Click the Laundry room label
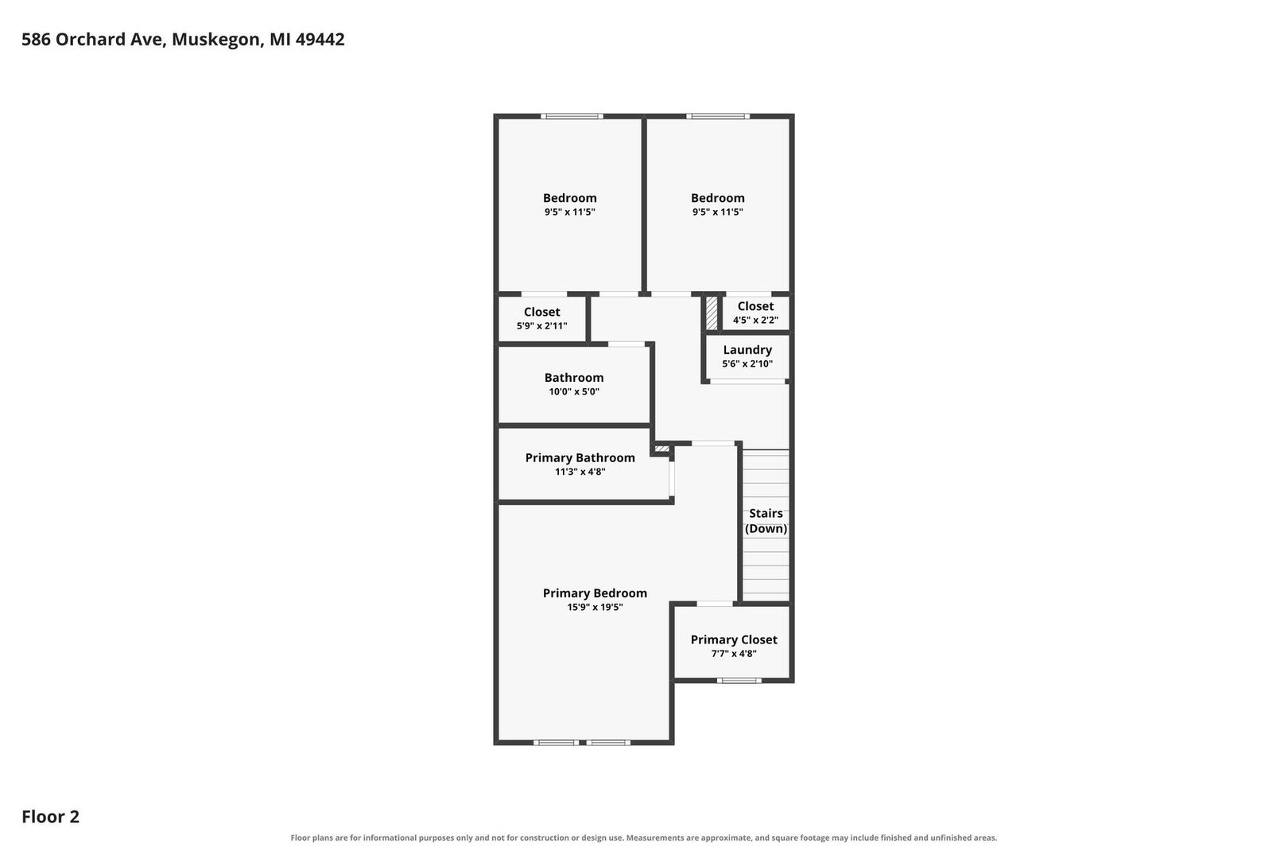coord(747,350)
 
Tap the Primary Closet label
coord(734,639)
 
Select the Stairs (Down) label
coord(766,521)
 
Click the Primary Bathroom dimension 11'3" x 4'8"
coord(580,472)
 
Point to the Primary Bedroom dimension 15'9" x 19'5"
coord(595,607)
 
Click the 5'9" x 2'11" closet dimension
coord(541,325)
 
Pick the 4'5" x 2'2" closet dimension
coord(755,320)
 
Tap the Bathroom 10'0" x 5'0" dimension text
coord(574,392)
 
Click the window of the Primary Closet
coord(739,681)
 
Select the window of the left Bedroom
coord(572,116)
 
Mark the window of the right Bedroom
coord(718,116)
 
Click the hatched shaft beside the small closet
coord(712,313)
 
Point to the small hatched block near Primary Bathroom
coord(661,449)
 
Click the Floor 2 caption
coord(51,816)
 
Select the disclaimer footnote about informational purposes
coord(643,838)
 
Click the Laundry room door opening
coord(747,382)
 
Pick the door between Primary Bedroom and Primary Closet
coord(715,604)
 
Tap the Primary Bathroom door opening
coord(672,479)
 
